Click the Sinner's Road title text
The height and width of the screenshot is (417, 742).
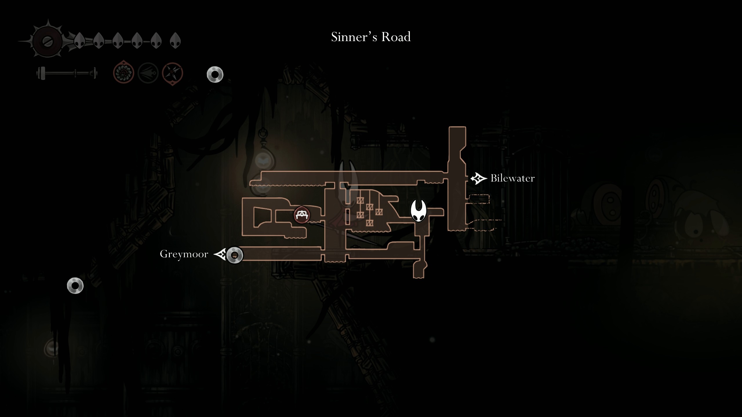pyautogui.click(x=371, y=37)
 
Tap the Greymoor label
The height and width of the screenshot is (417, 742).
pyautogui.click(x=184, y=254)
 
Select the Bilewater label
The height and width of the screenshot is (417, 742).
pyautogui.click(x=512, y=178)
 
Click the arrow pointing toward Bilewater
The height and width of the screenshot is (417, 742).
pyautogui.click(x=478, y=178)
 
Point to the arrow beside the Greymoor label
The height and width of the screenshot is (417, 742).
pyautogui.click(x=220, y=255)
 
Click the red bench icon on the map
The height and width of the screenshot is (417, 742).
pyautogui.click(x=302, y=215)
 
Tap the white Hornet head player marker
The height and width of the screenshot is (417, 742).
pyautogui.click(x=418, y=211)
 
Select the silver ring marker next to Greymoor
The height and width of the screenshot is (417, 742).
pyautogui.click(x=234, y=255)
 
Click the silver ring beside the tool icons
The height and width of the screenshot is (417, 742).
pyautogui.click(x=215, y=75)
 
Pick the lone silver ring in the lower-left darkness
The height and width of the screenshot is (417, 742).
pyautogui.click(x=75, y=286)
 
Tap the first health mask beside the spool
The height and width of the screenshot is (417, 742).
pyautogui.click(x=79, y=40)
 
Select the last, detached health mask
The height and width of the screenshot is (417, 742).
pyautogui.click(x=175, y=40)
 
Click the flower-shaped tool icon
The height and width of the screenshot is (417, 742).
pyautogui.click(x=123, y=73)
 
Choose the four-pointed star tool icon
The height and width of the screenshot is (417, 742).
pyautogui.click(x=172, y=73)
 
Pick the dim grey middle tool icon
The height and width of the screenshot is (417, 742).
pyautogui.click(x=148, y=73)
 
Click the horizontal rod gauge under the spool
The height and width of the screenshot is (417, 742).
pyautogui.click(x=67, y=73)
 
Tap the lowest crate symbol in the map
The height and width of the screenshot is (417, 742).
pyautogui.click(x=369, y=223)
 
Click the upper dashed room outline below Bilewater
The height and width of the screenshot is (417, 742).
pyautogui.click(x=479, y=199)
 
